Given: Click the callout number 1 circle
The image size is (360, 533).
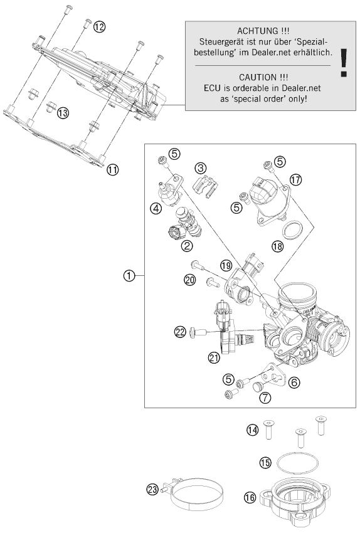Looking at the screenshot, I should click(129, 275).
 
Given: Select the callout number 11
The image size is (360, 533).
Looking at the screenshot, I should click(112, 169).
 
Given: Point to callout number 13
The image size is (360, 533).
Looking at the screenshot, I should click(62, 113).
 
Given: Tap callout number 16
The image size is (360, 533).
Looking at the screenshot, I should click(250, 498).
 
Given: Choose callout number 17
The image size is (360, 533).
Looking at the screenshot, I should click(296, 180).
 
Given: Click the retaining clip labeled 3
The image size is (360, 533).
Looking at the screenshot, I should click(206, 186).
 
